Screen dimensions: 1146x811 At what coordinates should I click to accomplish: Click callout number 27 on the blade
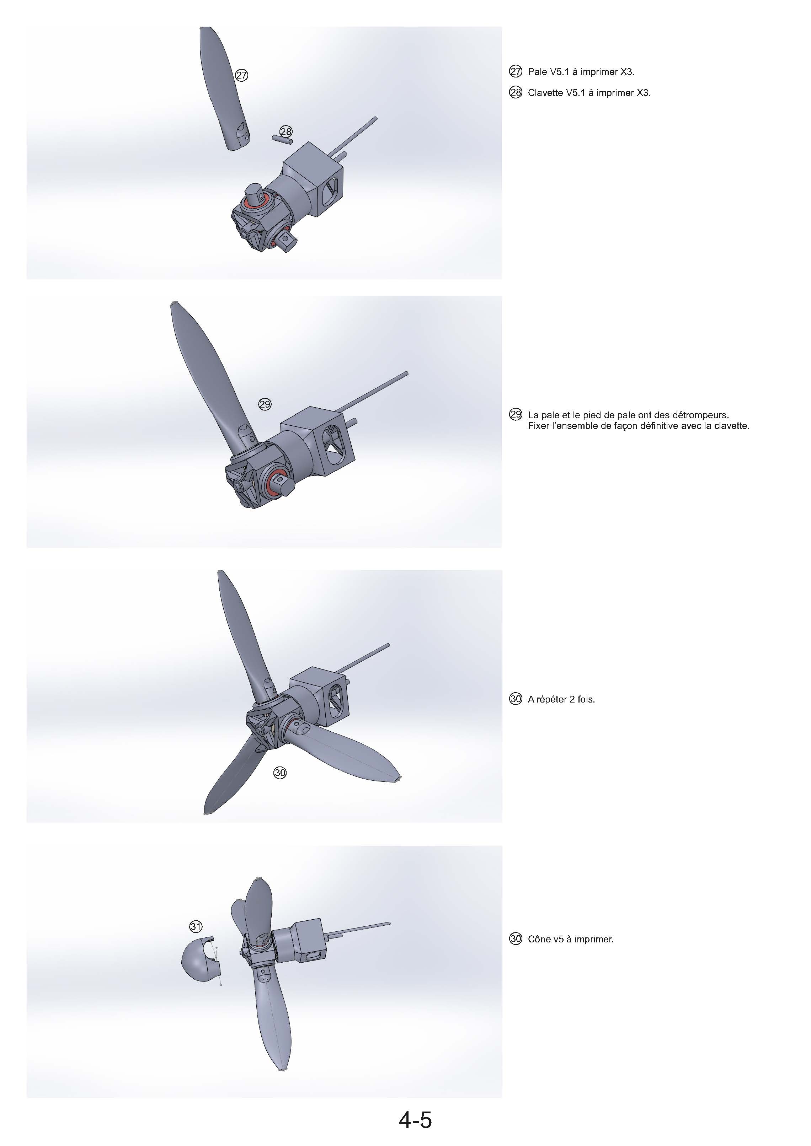[x=242, y=75]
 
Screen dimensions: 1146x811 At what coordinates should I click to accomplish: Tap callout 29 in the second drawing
[x=265, y=404]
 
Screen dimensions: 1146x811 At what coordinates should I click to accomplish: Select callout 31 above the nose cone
[x=196, y=927]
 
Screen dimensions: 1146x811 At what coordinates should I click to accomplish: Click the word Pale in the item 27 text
[x=537, y=72]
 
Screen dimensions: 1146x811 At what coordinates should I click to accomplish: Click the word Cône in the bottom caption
[x=538, y=939]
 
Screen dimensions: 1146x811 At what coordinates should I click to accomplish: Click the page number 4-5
[x=415, y=1120]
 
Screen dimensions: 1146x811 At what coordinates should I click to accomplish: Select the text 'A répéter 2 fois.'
[x=561, y=699]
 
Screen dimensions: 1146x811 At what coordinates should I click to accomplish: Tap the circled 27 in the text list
[x=516, y=72]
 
